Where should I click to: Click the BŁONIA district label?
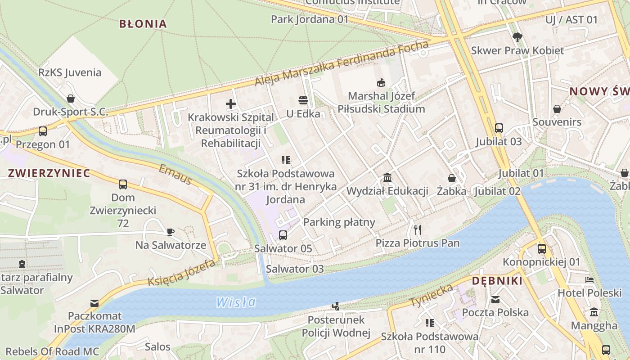[x=143, y=24]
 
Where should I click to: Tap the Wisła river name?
[x=236, y=302]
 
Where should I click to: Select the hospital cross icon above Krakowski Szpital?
[x=231, y=104]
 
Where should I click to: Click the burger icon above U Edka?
[x=303, y=100]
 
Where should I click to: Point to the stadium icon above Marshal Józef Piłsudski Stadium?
[x=381, y=83]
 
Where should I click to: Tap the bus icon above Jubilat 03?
[x=499, y=128]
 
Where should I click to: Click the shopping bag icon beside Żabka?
[x=451, y=178]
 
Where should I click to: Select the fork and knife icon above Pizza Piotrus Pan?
[x=418, y=230]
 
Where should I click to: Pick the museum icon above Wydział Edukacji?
[x=387, y=178]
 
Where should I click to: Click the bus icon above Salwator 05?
[x=283, y=235]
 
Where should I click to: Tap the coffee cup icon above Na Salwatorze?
[x=171, y=232]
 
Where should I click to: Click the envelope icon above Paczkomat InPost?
[x=94, y=303]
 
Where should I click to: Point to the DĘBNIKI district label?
[x=497, y=281]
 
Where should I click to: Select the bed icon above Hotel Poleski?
[x=589, y=280]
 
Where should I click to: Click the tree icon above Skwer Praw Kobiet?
[x=517, y=37]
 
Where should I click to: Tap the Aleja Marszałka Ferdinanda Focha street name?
[x=342, y=64]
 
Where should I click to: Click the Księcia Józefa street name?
[x=181, y=273]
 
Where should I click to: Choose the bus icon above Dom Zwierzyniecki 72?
[x=122, y=184]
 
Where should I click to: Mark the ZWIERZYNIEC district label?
[x=49, y=173]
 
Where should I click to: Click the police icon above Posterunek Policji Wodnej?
[x=336, y=306]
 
